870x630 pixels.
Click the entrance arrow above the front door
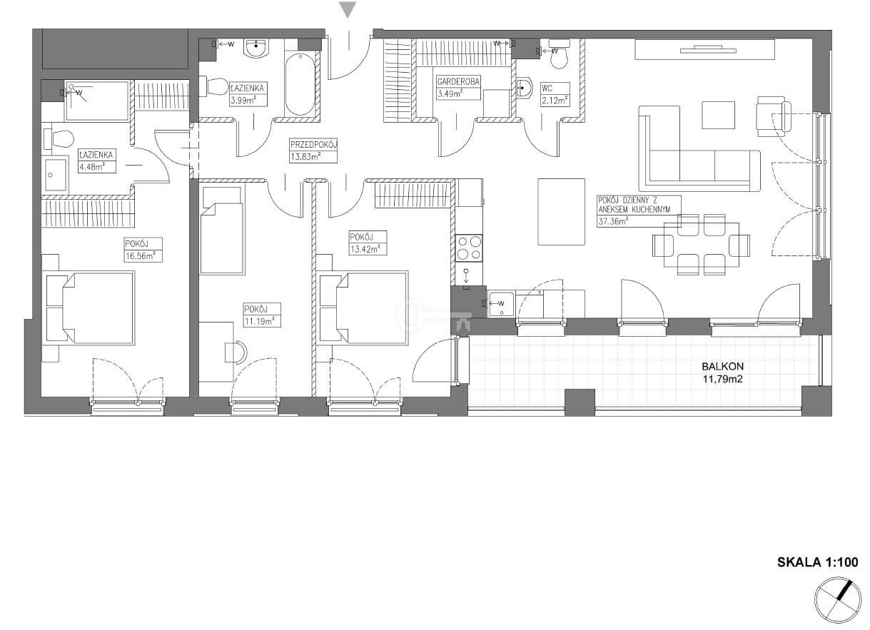point(348,9)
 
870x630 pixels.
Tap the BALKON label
point(722,366)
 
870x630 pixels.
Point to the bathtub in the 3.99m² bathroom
point(300,84)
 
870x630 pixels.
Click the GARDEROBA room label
point(458,81)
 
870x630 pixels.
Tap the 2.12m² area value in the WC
point(555,101)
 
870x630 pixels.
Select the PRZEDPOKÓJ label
point(313,145)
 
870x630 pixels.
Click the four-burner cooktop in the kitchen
point(469,248)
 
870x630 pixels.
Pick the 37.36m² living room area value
point(614,222)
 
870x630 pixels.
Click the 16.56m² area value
point(140,256)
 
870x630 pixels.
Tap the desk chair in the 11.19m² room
point(236,352)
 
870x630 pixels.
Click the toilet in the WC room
point(560,54)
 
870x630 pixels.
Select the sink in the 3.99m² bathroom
point(256,48)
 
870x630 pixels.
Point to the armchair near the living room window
point(773,116)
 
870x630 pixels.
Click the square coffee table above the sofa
point(718,115)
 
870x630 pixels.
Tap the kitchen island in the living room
point(561,212)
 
